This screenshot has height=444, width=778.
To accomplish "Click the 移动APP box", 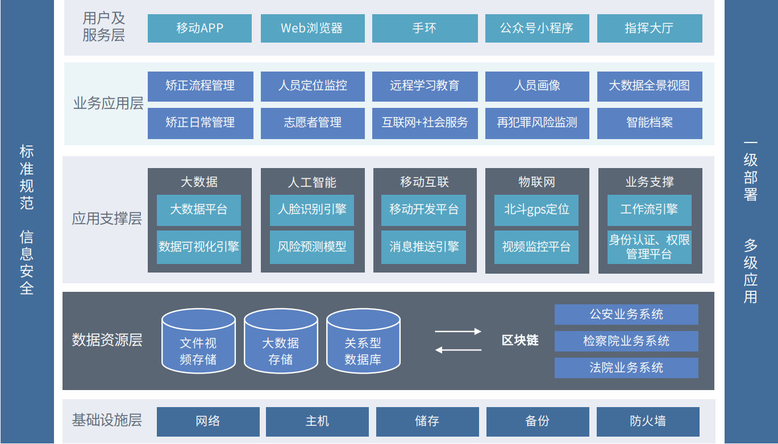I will (199, 28).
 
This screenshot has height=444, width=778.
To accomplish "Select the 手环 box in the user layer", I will (425, 28).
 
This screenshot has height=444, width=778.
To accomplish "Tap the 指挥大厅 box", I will (649, 28).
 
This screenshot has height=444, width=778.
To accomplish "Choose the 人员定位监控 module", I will (313, 86).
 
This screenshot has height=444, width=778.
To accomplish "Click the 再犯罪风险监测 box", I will (536, 123).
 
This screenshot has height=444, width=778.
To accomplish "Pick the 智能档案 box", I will (649, 123).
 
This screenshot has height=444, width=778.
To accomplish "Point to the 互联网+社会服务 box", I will (425, 123).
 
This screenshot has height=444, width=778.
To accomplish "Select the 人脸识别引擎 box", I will (311, 210).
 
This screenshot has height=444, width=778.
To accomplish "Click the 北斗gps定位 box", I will (536, 210).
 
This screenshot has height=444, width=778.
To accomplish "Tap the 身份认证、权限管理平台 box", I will (649, 247).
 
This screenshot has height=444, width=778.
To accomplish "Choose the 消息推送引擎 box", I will (423, 247).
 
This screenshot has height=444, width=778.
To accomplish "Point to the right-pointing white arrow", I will (458, 331).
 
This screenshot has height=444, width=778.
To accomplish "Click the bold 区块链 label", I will (520, 341).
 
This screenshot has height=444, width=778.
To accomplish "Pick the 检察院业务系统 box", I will (626, 341).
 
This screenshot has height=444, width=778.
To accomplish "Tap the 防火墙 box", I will (648, 421).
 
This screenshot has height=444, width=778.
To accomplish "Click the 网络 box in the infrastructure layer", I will (207, 421).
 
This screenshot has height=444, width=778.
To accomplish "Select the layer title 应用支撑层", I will (107, 219).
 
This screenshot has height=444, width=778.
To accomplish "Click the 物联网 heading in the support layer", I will (536, 182).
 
